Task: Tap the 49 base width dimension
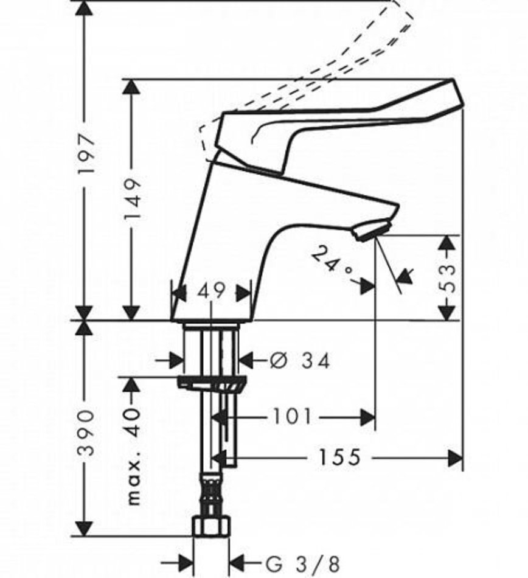(210, 291)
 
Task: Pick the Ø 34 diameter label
(300, 361)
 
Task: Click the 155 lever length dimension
(338, 457)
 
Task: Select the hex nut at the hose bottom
(210, 526)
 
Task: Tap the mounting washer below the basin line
(212, 383)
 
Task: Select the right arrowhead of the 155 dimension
(455, 457)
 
